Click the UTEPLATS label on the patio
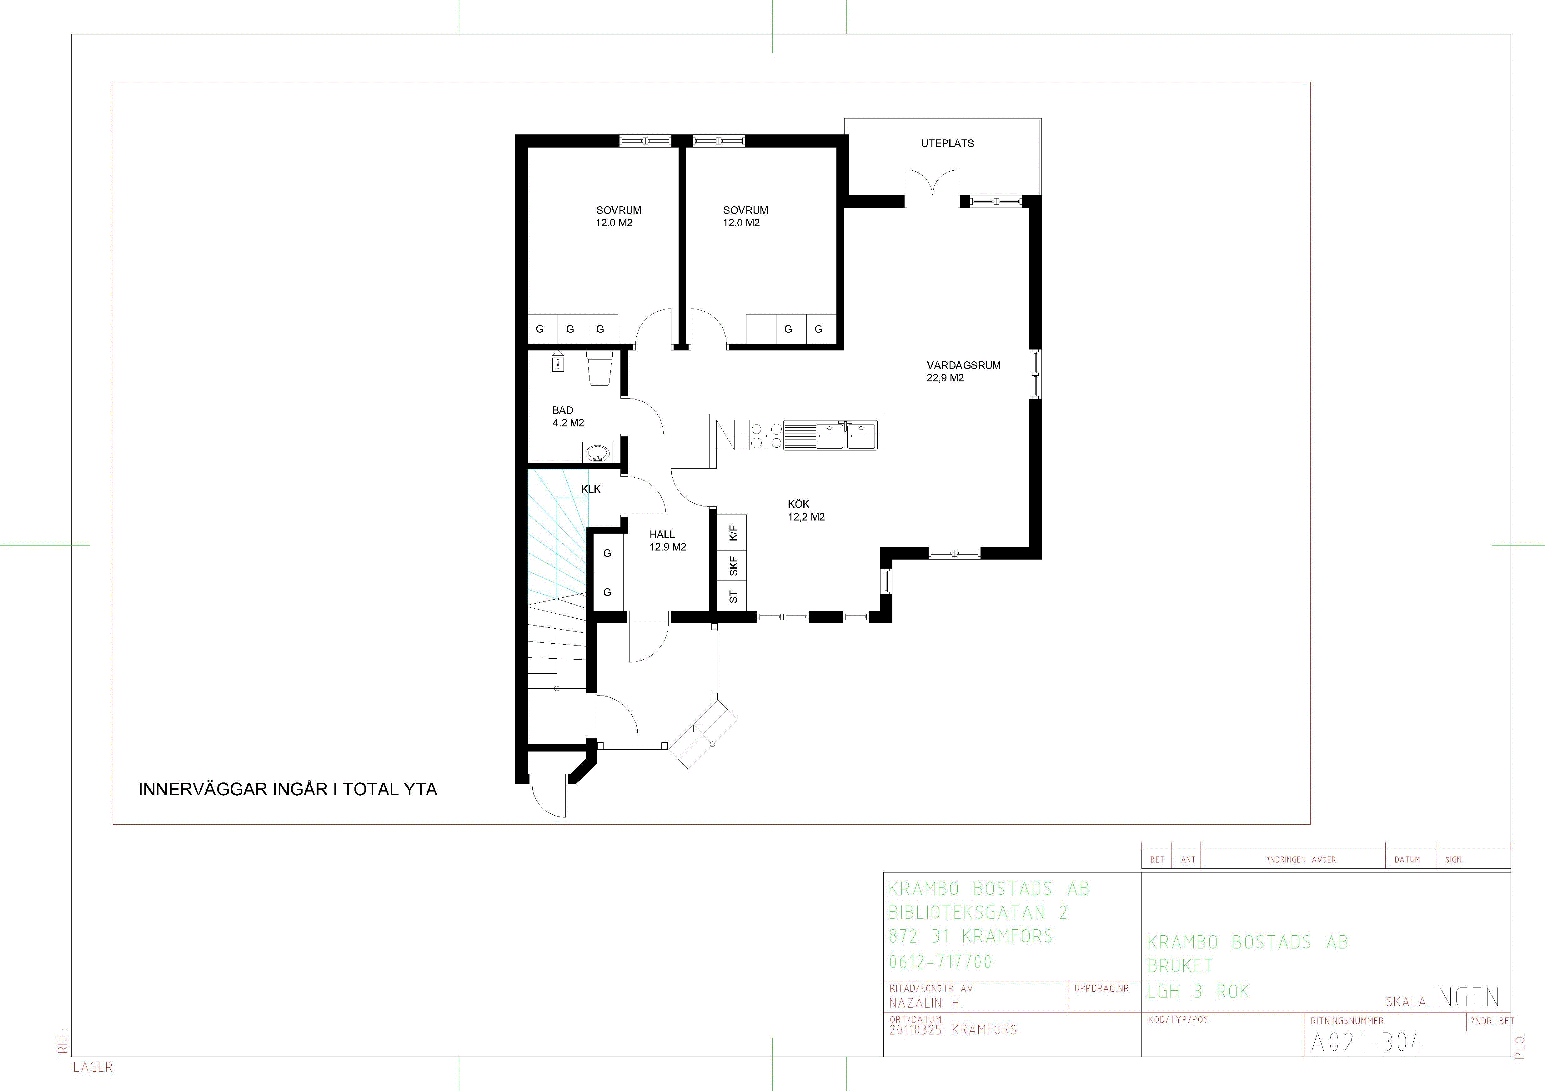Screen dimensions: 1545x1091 pos(947,143)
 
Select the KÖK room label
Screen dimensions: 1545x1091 pos(799,504)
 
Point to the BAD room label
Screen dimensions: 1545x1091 pos(563,410)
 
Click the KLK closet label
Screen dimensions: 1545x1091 pos(591,489)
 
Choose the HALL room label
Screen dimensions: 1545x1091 pos(662,534)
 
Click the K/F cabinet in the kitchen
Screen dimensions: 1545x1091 pos(734,533)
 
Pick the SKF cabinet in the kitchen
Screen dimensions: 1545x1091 pos(734,566)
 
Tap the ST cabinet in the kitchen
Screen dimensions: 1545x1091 pos(734,596)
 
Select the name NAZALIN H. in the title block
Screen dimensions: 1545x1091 pos(926,1003)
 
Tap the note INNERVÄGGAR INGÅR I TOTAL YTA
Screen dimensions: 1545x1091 pos(288,789)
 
